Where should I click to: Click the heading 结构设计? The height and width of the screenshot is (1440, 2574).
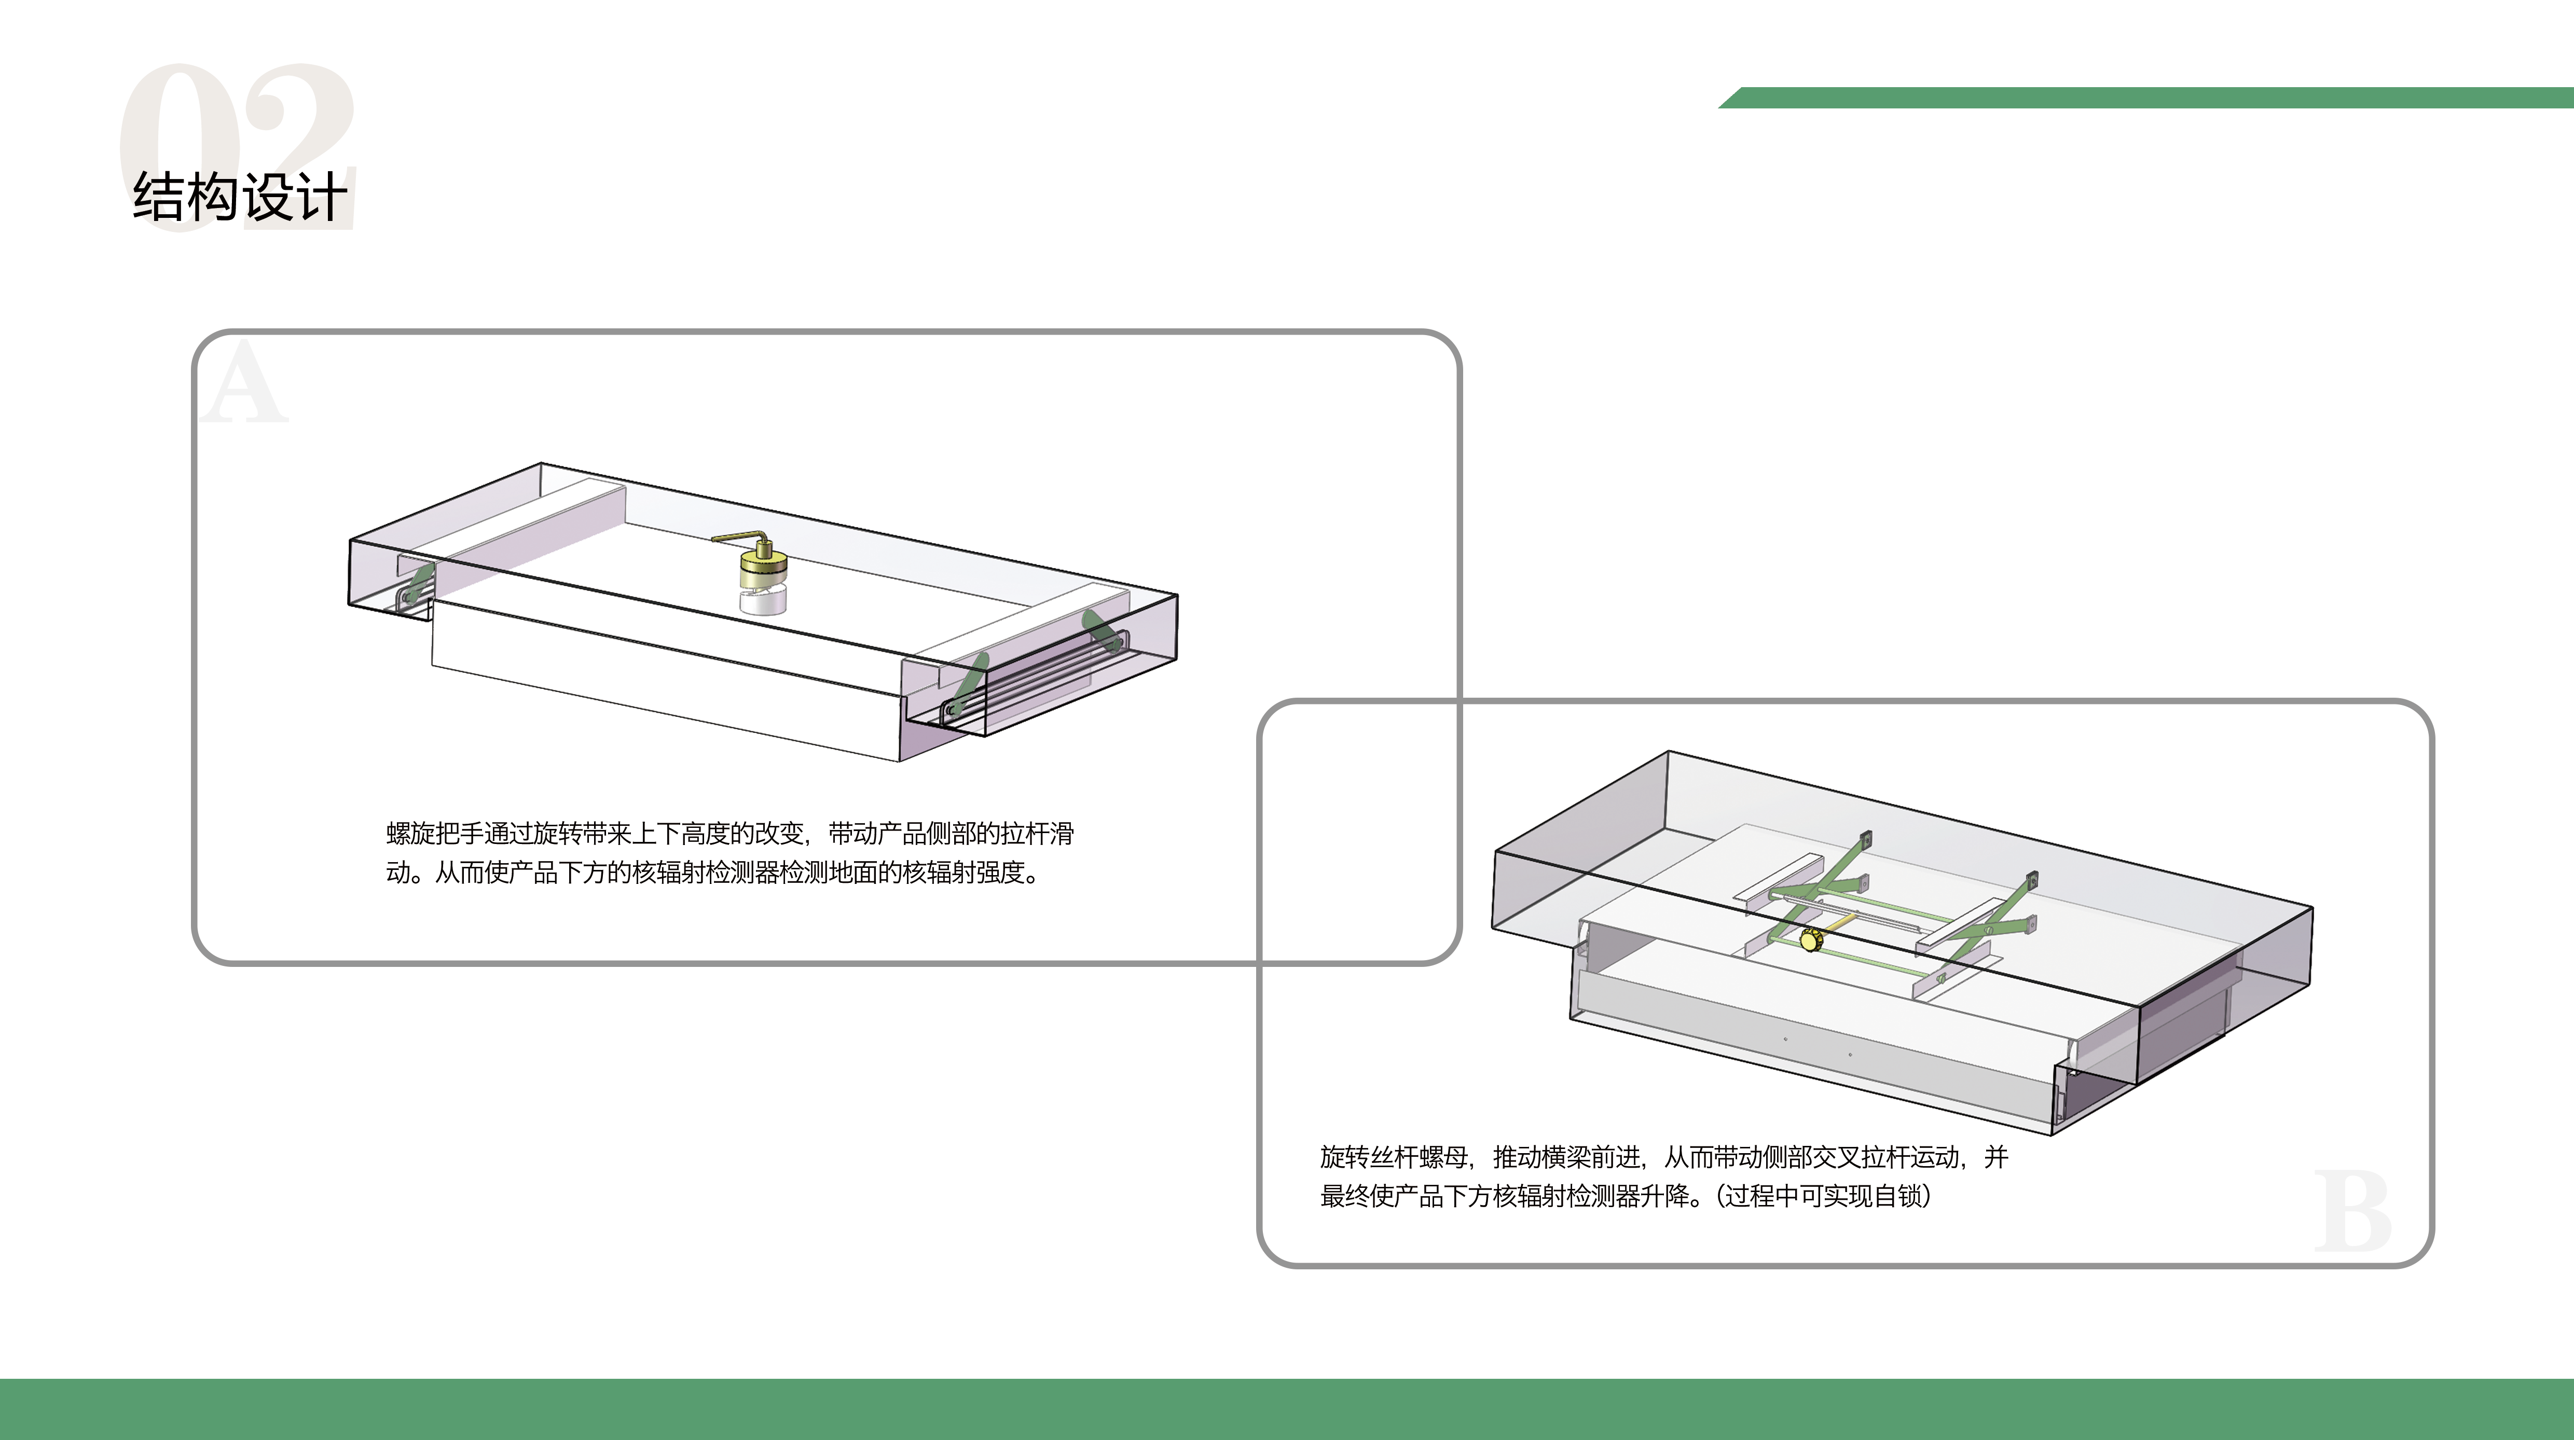click(240, 197)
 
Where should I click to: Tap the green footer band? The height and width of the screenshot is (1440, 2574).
click(1287, 1409)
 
